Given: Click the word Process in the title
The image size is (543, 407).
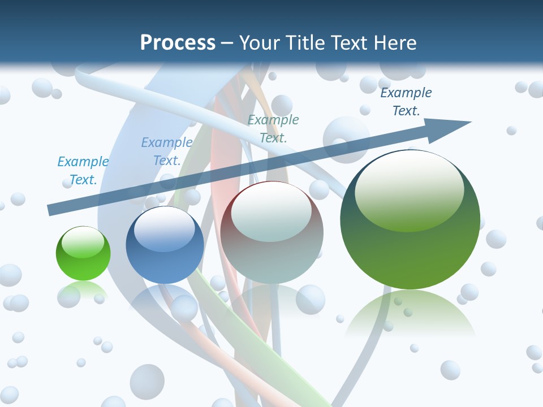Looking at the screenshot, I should (x=178, y=42).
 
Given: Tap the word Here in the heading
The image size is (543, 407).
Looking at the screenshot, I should (x=395, y=42).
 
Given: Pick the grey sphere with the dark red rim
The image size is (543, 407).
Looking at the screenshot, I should (x=272, y=243).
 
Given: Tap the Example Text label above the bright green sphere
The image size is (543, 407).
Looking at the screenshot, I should (x=83, y=171).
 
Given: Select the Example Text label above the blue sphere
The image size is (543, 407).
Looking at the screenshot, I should (x=167, y=151).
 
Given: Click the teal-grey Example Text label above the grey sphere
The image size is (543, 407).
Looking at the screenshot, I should (x=273, y=128).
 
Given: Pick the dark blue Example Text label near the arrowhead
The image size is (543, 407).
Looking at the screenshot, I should (x=406, y=102).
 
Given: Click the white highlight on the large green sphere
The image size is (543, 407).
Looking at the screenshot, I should (x=409, y=189).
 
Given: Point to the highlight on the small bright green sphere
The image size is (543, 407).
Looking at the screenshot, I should (x=83, y=242).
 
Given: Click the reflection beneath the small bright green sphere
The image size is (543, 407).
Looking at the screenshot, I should (x=83, y=291).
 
